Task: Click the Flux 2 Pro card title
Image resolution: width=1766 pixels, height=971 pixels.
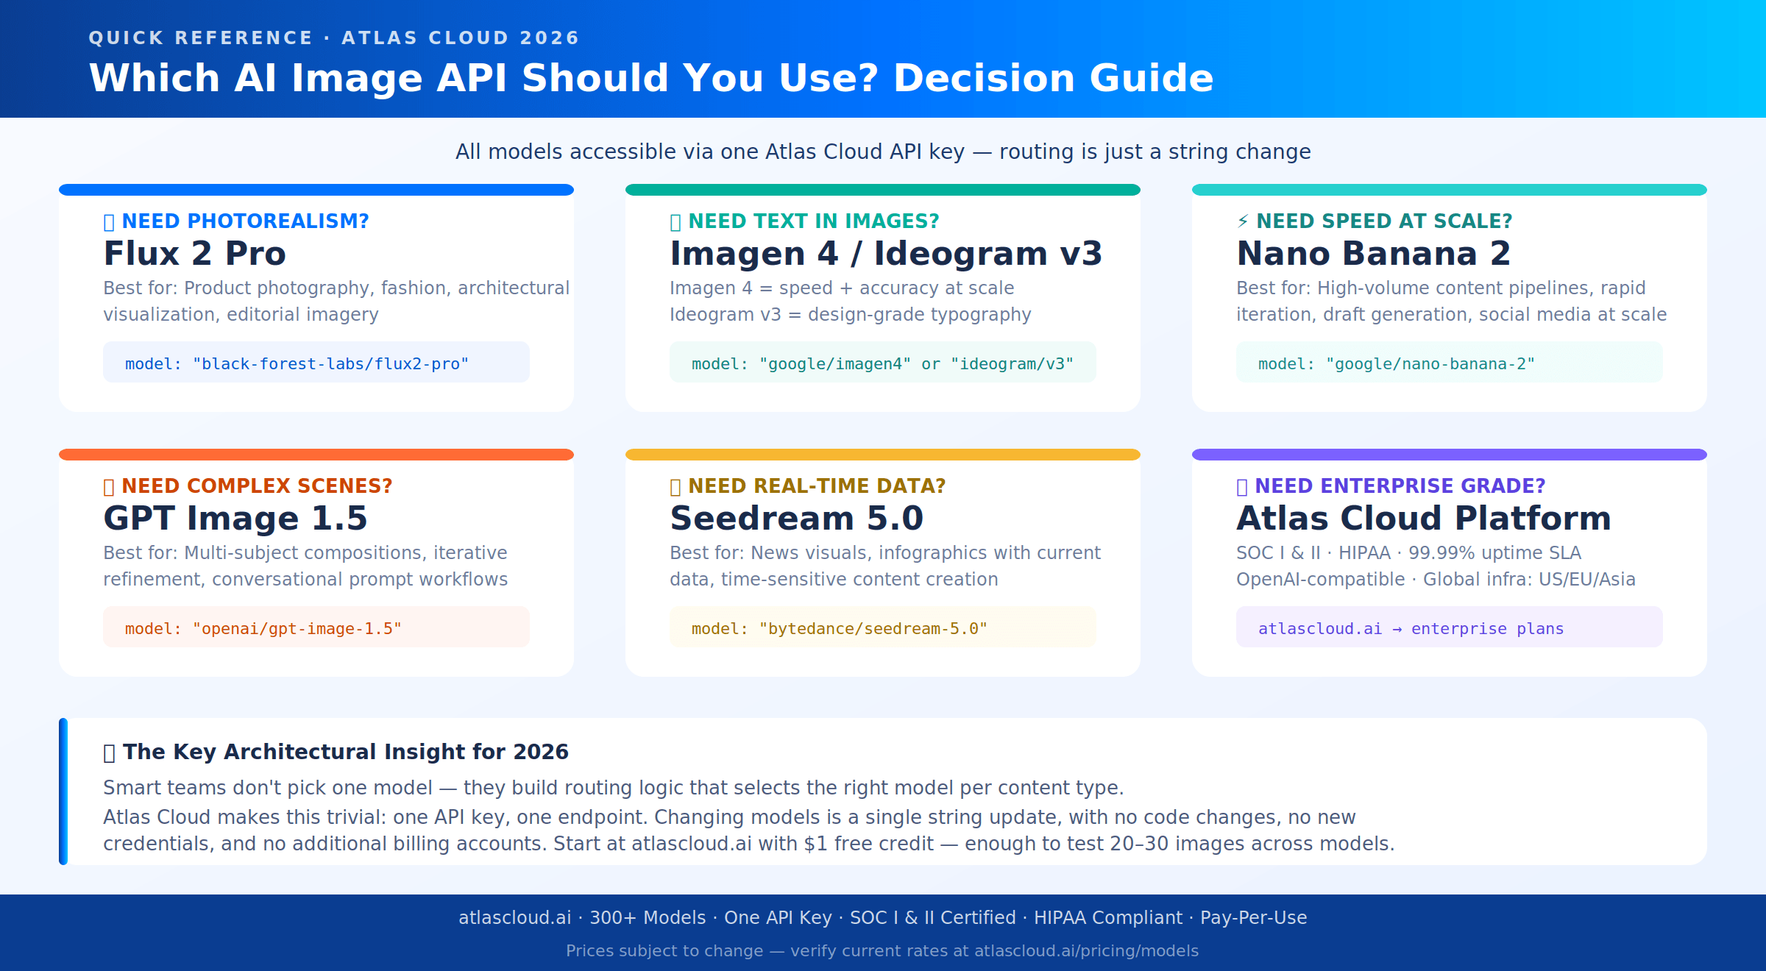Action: pyautogui.click(x=194, y=254)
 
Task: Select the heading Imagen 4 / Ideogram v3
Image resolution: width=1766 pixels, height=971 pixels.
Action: pyautogui.click(x=885, y=254)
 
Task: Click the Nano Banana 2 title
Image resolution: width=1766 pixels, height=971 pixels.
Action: pyautogui.click(x=1373, y=254)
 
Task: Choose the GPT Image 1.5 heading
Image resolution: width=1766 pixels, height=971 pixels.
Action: pyautogui.click(x=235, y=519)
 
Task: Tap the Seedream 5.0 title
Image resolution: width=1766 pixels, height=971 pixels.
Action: pyautogui.click(x=796, y=519)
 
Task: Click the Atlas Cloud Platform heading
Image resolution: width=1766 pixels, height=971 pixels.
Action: pyautogui.click(x=1423, y=519)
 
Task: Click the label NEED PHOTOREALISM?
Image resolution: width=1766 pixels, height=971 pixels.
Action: pyautogui.click(x=244, y=221)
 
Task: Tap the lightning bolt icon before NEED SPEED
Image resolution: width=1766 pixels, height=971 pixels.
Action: pyautogui.click(x=1243, y=221)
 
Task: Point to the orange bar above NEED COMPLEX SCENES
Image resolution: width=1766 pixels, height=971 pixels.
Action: pyautogui.click(x=316, y=455)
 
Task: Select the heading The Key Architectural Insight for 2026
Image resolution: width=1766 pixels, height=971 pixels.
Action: pyautogui.click(x=345, y=752)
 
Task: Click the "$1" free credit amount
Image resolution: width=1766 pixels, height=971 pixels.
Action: pyautogui.click(x=815, y=844)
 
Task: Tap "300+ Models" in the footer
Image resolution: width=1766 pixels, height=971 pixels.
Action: pyautogui.click(x=648, y=918)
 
